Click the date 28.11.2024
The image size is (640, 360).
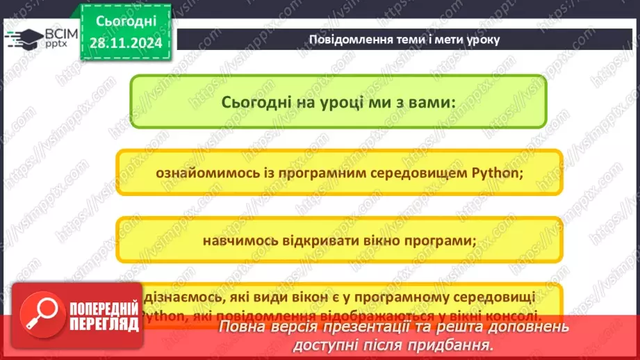pyautogui.click(x=126, y=43)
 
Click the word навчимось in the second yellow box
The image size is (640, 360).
pyautogui.click(x=236, y=240)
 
